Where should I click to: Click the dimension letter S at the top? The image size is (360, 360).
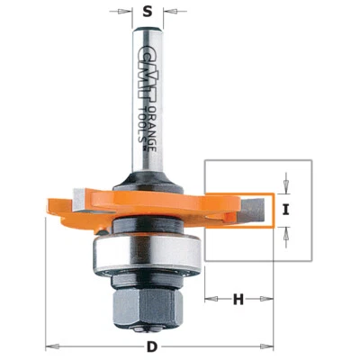148,13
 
